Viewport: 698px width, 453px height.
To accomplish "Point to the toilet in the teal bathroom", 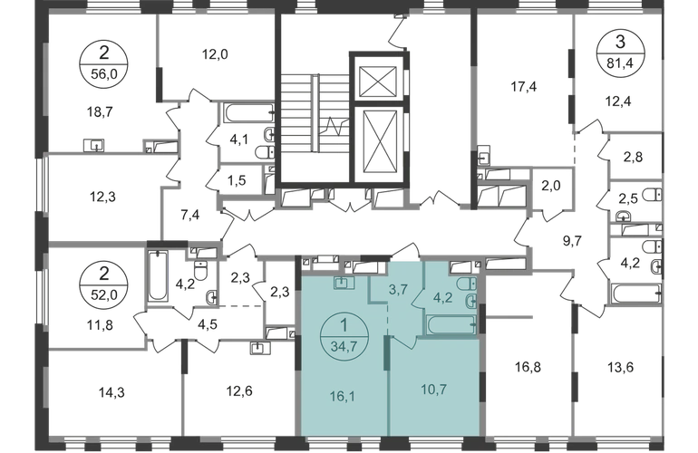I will [x=470, y=299].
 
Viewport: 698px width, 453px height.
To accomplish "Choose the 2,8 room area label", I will [x=631, y=158].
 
